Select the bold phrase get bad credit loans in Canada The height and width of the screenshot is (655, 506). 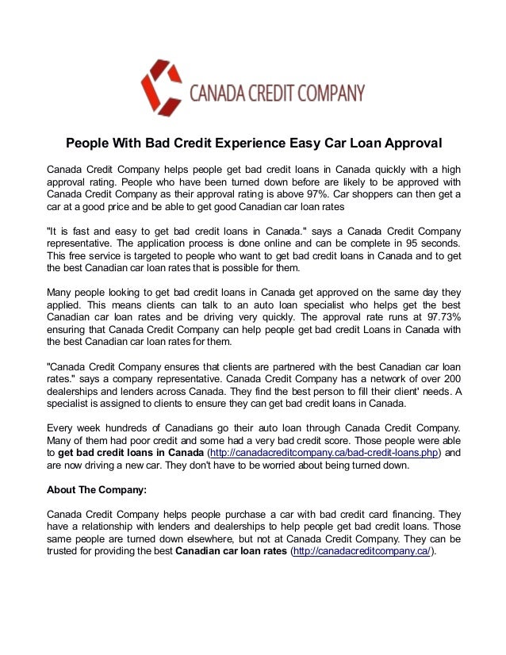click(x=130, y=453)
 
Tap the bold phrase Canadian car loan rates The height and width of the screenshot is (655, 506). click(x=231, y=551)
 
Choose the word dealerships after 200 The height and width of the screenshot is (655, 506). click(x=76, y=392)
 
